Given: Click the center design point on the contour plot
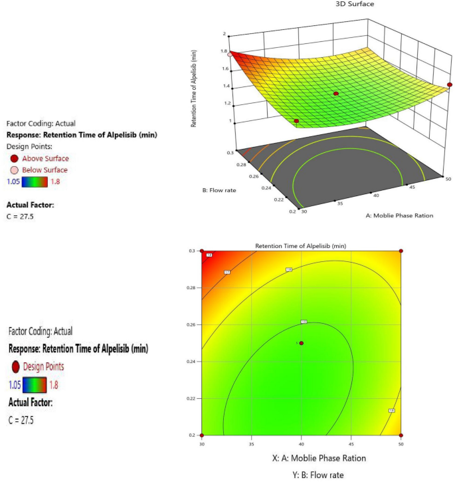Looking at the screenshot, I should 302,343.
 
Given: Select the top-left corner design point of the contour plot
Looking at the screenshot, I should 202,251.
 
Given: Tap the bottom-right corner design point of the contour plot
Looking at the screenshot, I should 401,435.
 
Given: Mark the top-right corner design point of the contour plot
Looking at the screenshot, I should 401,251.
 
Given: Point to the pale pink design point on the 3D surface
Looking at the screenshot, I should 225,55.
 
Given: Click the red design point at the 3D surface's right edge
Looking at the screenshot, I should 450,84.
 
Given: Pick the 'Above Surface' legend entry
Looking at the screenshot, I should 45,158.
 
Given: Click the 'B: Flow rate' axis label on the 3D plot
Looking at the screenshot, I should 220,190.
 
